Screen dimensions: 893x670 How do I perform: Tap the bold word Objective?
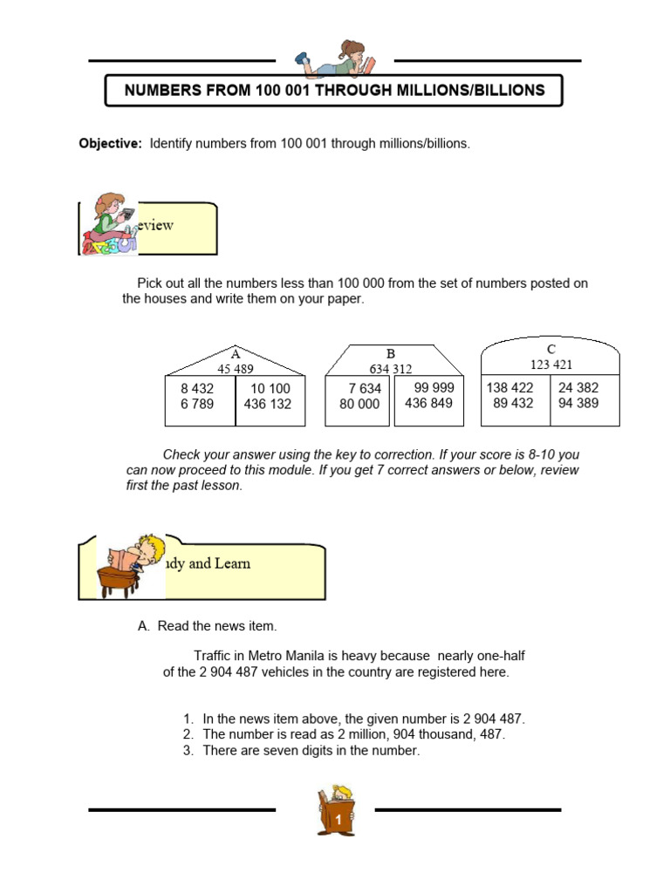tap(110, 143)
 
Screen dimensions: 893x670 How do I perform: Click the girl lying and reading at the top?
tap(336, 58)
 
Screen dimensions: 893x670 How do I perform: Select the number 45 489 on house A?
tap(236, 369)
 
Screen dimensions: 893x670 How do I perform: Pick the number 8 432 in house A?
tap(197, 389)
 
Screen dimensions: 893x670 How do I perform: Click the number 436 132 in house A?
tap(268, 405)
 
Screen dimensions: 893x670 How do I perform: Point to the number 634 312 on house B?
tap(391, 369)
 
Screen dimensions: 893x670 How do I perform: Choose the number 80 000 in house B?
tap(359, 405)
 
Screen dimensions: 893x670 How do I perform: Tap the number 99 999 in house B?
tap(434, 388)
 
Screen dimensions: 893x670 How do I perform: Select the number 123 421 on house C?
tap(551, 365)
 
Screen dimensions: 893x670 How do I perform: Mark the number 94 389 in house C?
tap(578, 404)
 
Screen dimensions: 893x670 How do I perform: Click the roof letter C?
tap(551, 349)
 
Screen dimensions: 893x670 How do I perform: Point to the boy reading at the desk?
tap(133, 564)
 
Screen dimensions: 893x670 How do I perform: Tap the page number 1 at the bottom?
tap(337, 821)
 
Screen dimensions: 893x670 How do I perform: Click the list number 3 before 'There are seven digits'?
tap(188, 750)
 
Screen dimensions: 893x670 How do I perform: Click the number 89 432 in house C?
tap(513, 404)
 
